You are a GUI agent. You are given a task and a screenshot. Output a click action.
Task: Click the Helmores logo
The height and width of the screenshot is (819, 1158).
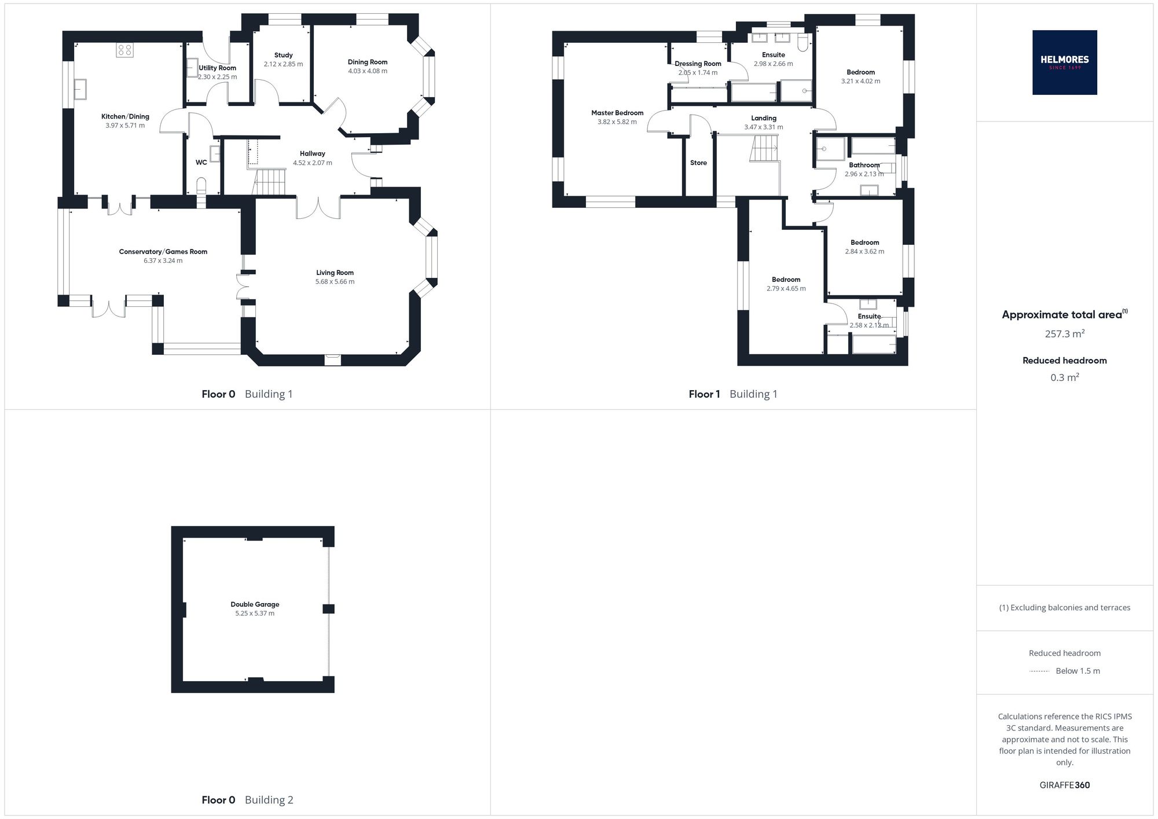tap(1064, 63)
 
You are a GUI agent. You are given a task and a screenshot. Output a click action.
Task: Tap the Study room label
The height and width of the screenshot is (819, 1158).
tap(283, 55)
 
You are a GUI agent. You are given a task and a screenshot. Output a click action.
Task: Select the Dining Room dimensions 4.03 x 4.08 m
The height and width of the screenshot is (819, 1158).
tap(368, 71)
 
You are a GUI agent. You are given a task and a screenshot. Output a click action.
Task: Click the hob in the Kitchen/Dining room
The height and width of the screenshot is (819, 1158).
tap(124, 50)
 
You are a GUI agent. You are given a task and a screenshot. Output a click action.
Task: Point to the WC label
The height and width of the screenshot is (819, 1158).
tap(201, 163)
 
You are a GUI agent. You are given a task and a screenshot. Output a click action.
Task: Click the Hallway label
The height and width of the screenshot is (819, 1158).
tap(313, 153)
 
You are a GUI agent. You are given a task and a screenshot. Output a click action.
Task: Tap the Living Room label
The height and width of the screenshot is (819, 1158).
tap(335, 273)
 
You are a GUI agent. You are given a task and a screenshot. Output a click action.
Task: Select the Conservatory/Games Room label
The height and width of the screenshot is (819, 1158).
tap(163, 252)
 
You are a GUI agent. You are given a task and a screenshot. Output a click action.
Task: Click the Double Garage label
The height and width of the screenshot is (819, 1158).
tap(255, 604)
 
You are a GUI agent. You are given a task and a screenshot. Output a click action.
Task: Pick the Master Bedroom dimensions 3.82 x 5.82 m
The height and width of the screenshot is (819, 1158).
tap(617, 122)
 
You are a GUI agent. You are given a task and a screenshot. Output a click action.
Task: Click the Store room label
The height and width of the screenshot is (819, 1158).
tap(698, 163)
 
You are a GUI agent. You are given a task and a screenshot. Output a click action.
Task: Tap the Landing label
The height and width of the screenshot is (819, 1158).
tap(764, 118)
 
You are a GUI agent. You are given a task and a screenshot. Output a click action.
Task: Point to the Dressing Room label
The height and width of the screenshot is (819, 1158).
tap(698, 64)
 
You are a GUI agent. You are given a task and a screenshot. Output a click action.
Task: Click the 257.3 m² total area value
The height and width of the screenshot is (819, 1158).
tap(1064, 333)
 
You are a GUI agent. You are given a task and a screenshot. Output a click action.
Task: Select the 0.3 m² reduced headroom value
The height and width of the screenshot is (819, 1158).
tap(1065, 377)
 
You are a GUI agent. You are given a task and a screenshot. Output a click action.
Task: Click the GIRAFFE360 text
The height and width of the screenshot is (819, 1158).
tap(1065, 785)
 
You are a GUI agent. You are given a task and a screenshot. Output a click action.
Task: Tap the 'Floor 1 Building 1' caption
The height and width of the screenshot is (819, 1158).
tap(733, 394)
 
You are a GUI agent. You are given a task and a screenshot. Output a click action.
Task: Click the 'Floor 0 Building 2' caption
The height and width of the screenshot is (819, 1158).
tap(247, 800)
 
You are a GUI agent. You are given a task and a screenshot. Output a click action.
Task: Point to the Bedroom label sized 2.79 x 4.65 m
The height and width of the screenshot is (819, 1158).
tap(786, 280)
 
